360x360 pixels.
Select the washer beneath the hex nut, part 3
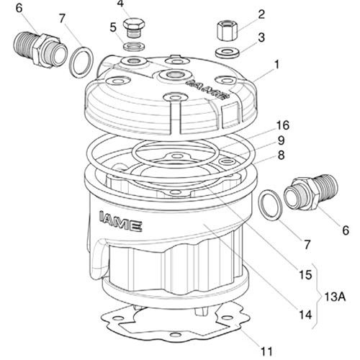click(227, 53)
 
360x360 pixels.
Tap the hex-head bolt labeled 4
click(133, 27)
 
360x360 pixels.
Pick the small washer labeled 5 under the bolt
click(133, 45)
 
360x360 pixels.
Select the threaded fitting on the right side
click(311, 192)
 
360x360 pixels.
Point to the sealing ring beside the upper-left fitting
click(81, 63)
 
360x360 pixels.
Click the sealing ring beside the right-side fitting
click(271, 204)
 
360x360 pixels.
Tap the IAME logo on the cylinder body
click(120, 221)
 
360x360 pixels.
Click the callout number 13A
click(335, 297)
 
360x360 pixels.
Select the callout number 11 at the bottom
click(266, 351)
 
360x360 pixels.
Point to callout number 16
click(283, 125)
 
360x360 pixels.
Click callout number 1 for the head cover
click(276, 65)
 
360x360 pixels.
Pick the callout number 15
click(305, 274)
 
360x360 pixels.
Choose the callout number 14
click(305, 315)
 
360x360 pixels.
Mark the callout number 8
click(281, 156)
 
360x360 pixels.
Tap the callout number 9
click(281, 140)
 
